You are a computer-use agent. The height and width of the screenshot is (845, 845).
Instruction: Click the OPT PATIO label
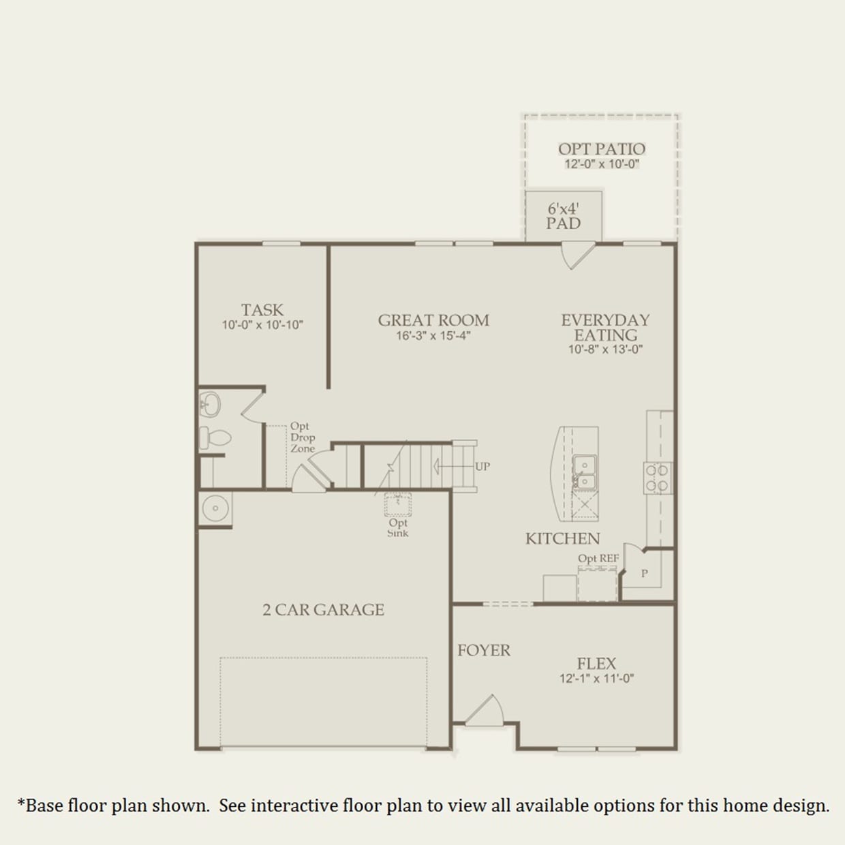[x=601, y=149]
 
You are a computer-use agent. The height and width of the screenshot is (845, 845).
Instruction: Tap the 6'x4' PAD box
[x=563, y=216]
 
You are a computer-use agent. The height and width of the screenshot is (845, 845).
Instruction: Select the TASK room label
[x=262, y=310]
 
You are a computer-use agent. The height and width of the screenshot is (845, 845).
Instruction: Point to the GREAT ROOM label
[x=433, y=320]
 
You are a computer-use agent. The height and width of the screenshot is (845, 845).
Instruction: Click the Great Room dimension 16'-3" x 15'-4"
[x=433, y=336]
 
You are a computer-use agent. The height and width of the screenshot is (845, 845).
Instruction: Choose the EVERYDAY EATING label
[x=605, y=328]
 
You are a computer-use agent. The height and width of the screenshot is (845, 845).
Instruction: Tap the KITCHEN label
[x=562, y=539]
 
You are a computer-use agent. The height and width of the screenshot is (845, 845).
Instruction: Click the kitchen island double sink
[x=584, y=472]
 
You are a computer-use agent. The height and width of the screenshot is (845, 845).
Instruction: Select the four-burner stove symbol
[x=657, y=477]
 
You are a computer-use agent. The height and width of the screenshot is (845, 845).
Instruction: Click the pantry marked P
[x=645, y=574]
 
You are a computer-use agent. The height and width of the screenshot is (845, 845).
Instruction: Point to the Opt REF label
[x=598, y=558]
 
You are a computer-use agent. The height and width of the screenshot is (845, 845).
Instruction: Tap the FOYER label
[x=484, y=651]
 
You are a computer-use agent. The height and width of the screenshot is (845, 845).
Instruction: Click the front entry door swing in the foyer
[x=485, y=711]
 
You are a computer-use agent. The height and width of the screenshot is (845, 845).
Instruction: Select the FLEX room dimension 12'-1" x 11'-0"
[x=596, y=679]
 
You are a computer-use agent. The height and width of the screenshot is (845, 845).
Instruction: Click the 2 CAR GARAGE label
[x=323, y=610]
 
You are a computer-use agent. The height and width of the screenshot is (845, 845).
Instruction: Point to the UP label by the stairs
[x=482, y=467]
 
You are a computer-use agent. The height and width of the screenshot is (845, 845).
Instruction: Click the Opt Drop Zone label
[x=302, y=437]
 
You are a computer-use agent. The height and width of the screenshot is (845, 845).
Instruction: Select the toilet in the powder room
[x=214, y=437]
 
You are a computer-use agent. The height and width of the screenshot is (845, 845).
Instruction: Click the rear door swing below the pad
[x=576, y=255]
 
